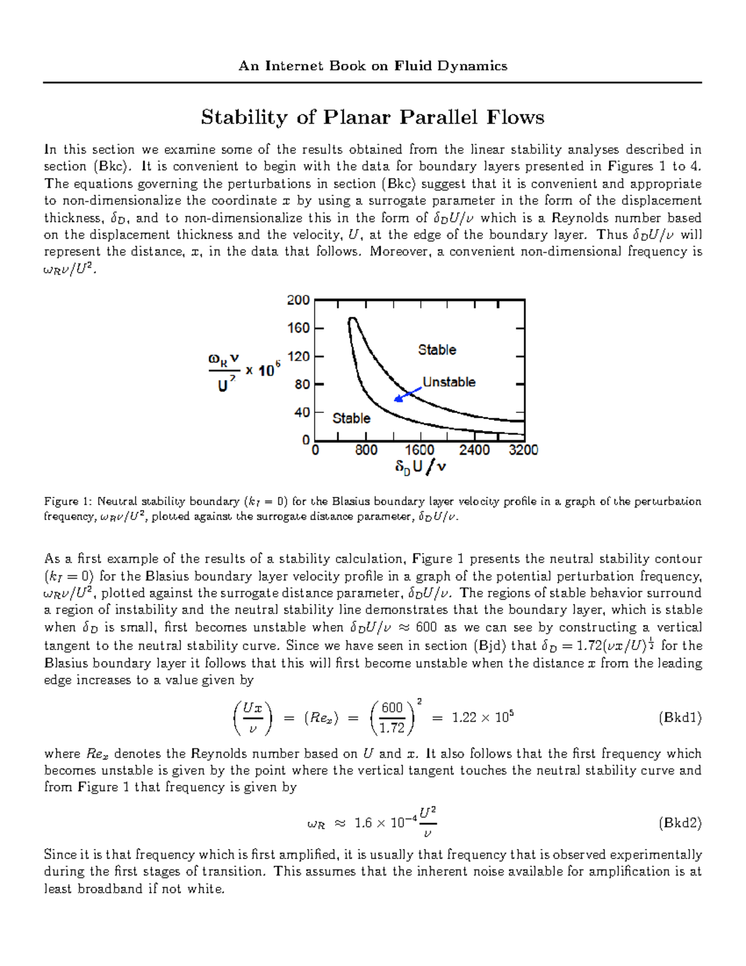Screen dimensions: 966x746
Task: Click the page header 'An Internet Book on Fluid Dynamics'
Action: click(x=372, y=66)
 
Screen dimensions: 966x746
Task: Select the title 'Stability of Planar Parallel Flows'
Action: click(x=372, y=117)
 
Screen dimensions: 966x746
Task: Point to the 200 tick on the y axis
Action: click(x=298, y=300)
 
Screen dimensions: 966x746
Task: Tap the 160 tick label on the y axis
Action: click(x=298, y=328)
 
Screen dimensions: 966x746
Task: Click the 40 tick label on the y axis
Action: click(x=302, y=412)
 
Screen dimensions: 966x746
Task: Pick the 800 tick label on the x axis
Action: click(x=366, y=450)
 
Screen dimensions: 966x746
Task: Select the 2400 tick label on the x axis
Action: click(x=474, y=450)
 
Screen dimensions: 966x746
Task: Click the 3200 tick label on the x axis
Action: click(x=523, y=450)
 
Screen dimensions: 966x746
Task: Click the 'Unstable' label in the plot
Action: click(x=449, y=382)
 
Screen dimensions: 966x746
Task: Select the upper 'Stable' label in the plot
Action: click(x=437, y=350)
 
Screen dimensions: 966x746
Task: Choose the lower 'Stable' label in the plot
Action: click(x=351, y=419)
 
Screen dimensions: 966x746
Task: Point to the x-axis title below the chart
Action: click(x=420, y=467)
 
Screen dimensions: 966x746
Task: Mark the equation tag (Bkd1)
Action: click(x=679, y=718)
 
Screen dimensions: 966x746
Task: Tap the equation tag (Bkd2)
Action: click(x=679, y=823)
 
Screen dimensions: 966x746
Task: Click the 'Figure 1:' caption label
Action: click(x=68, y=501)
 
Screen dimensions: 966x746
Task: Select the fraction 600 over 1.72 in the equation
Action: click(x=392, y=718)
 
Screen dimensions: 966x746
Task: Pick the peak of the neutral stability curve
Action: click(x=352, y=318)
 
